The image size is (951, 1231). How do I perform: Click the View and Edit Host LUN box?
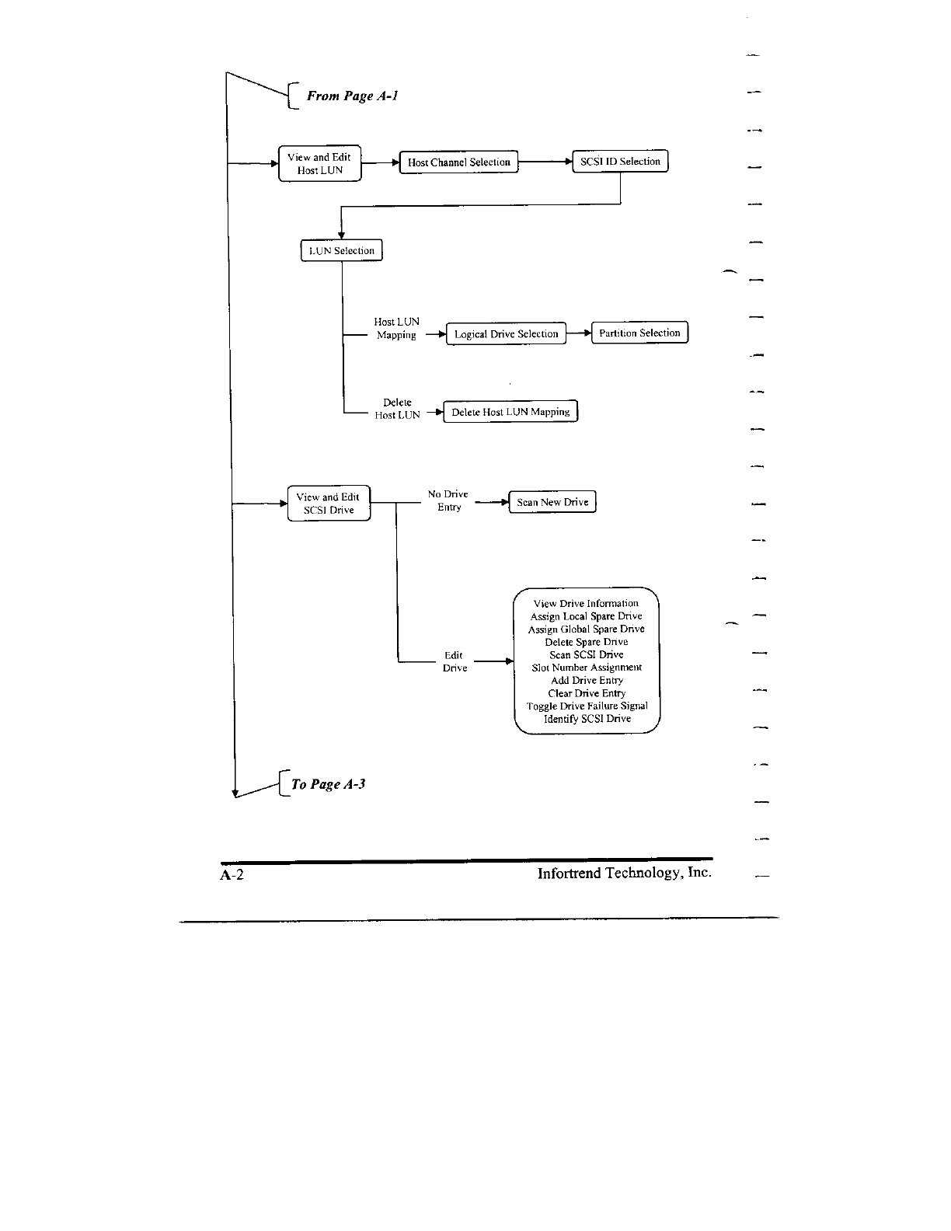point(319,163)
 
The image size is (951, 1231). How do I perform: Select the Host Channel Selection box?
point(458,162)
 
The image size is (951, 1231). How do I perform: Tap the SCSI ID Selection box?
point(619,162)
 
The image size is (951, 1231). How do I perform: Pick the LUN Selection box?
point(341,250)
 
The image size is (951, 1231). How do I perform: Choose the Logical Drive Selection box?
point(506,333)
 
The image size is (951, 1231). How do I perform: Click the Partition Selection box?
point(639,333)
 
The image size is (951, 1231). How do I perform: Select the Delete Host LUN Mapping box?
point(510,412)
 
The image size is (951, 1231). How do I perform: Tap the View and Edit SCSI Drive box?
point(329,504)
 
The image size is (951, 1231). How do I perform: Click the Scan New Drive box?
point(552,502)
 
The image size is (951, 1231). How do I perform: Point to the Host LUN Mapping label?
point(396,328)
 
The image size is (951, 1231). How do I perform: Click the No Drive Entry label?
point(448,500)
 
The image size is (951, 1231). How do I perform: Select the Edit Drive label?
point(455,661)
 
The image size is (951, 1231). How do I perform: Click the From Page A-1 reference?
point(352,96)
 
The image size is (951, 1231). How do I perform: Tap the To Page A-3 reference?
point(328,784)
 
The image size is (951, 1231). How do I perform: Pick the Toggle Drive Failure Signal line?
point(587,706)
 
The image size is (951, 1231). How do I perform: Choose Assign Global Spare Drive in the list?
point(587,629)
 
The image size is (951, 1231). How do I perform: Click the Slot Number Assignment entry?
point(587,667)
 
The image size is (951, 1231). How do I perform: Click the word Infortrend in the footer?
point(570,873)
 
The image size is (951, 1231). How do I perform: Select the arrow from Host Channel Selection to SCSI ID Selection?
point(545,162)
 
